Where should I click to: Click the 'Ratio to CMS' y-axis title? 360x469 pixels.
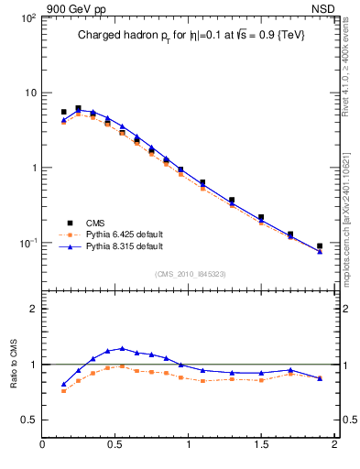point(14,364)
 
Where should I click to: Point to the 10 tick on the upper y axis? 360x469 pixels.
point(29,93)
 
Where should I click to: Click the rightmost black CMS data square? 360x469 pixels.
point(320,246)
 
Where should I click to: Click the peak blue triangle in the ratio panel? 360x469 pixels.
point(122,349)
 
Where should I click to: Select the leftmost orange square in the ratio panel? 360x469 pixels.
point(63,390)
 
